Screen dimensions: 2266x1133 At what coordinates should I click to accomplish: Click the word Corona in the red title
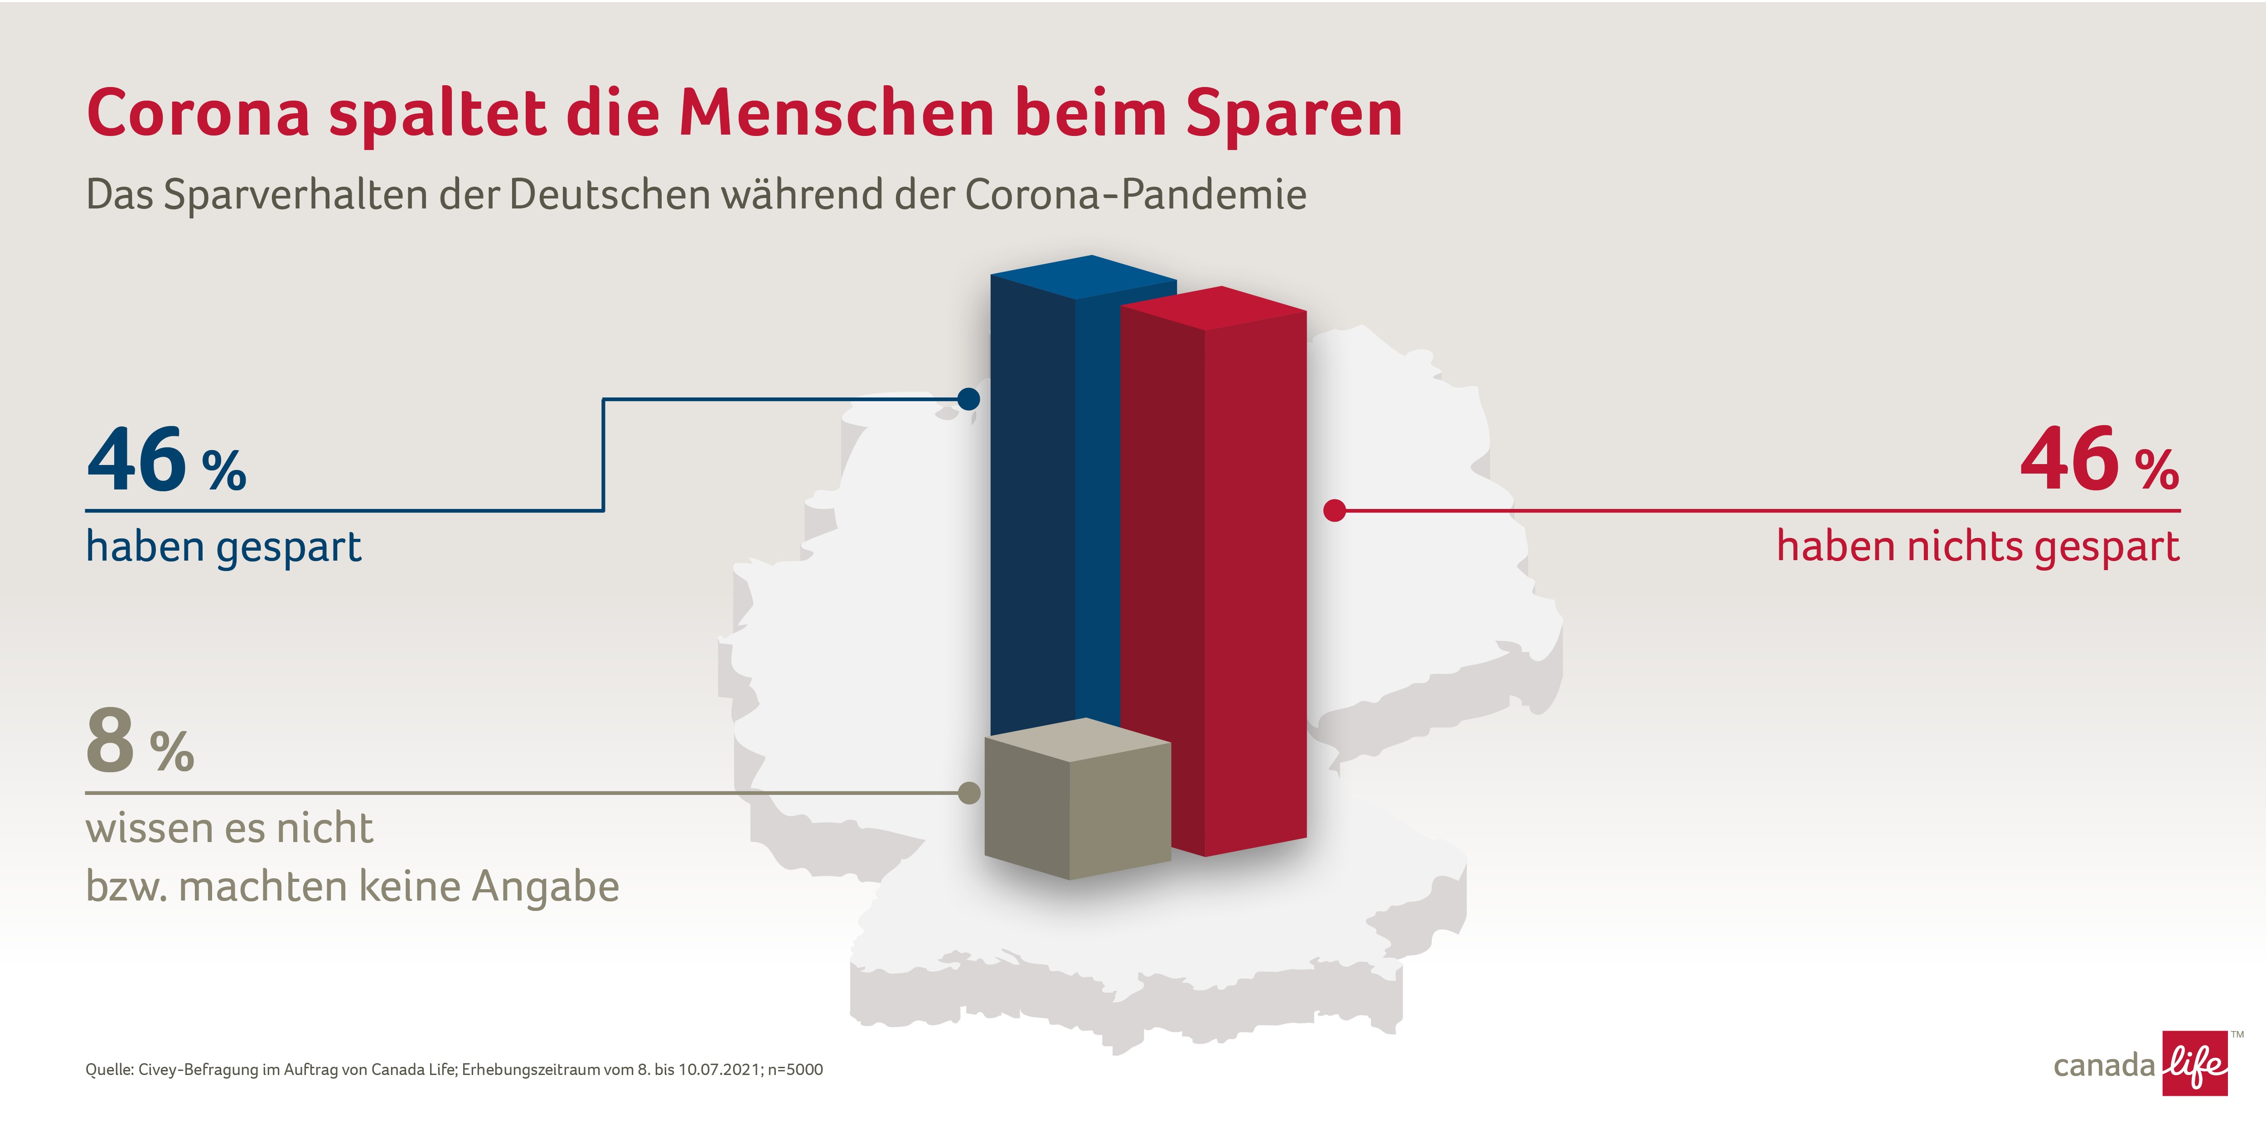[x=199, y=113]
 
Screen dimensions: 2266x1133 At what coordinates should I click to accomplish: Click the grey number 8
[x=110, y=741]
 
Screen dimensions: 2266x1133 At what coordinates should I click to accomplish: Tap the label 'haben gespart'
[x=223, y=547]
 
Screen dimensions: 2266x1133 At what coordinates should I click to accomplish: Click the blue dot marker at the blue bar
[x=968, y=399]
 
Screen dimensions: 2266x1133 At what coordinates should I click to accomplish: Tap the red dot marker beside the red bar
[x=1334, y=510]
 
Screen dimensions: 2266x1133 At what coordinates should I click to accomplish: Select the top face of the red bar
[x=1214, y=308]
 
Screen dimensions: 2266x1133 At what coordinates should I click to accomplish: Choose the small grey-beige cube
[x=1078, y=799]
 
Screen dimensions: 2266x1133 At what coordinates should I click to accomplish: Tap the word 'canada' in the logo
[x=2104, y=1066]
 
